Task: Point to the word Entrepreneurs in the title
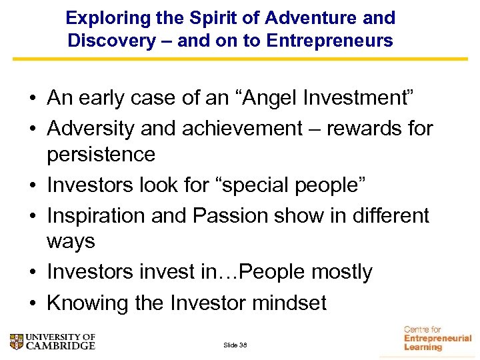[330, 41]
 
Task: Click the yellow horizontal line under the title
[240, 59]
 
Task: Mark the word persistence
[101, 155]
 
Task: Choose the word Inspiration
[96, 216]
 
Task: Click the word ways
[71, 241]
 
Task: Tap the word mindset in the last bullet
[289, 303]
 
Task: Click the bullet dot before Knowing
[32, 303]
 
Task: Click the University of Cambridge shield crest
[17, 342]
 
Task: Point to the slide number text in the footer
[235, 345]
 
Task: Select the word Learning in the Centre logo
[423, 347]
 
